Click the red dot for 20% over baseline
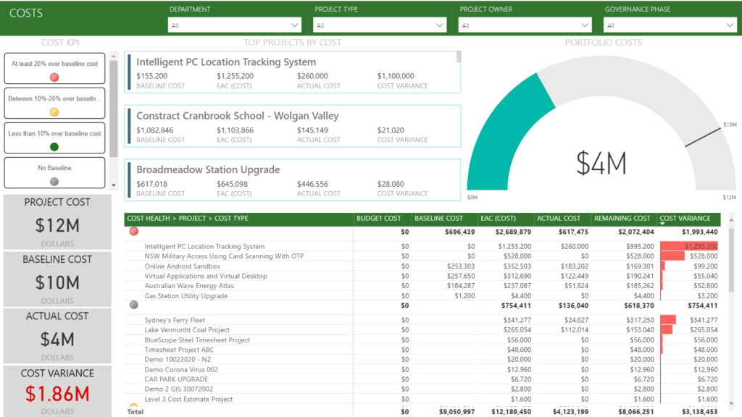tap(54, 77)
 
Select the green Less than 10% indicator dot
tap(54, 147)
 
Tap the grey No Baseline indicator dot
tap(54, 182)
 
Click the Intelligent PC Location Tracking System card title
tap(226, 62)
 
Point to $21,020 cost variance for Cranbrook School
tap(391, 130)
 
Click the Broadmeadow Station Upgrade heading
tap(208, 169)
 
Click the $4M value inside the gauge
tap(601, 164)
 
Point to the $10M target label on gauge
tap(730, 125)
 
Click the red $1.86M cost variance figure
tap(57, 394)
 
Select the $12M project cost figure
tap(57, 225)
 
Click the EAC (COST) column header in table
tap(497, 218)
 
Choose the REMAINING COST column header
tap(622, 218)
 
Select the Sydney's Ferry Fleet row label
tap(175, 320)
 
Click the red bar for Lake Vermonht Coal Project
tap(667, 329)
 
